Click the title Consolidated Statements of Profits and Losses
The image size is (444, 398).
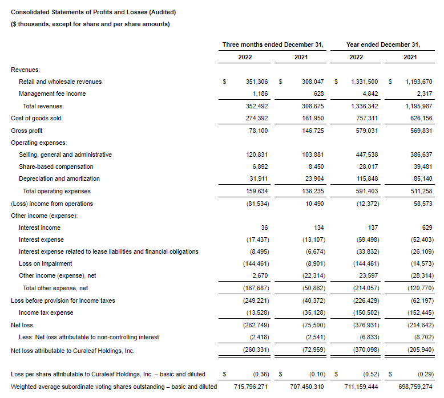point(94,12)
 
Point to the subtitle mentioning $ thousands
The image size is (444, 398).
point(90,24)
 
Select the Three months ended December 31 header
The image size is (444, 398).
point(273,44)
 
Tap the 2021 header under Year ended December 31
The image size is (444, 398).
point(410,57)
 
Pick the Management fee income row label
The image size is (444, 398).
point(52,94)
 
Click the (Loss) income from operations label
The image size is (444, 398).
point(52,204)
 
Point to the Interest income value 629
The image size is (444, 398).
point(427,228)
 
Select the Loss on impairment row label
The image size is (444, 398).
point(45,264)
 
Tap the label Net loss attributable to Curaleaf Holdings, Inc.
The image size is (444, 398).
point(78,350)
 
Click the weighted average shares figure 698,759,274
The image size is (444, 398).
point(410,387)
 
